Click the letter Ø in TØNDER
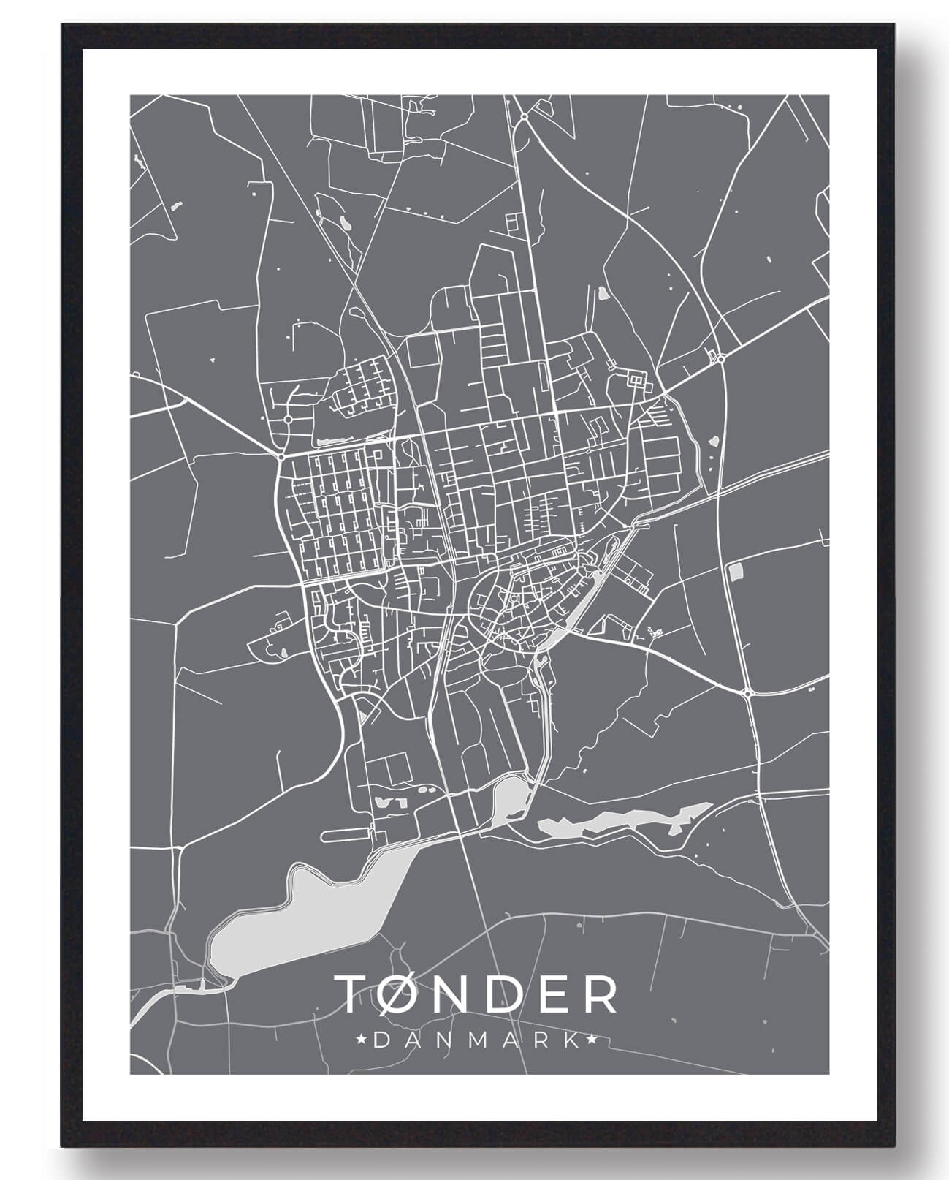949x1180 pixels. (398, 994)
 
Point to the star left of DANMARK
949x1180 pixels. (359, 1038)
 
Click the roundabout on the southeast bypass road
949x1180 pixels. (747, 692)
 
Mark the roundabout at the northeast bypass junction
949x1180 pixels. (720, 358)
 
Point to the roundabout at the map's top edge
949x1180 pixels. (524, 116)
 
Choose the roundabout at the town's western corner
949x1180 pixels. (282, 457)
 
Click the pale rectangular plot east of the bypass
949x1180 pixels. (735, 572)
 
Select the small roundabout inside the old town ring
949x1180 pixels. (514, 600)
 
